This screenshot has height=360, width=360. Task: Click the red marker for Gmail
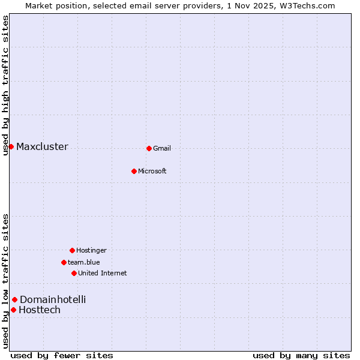point(149,148)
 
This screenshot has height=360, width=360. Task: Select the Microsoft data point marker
point(134,171)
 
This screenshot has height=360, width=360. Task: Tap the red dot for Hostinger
point(72,250)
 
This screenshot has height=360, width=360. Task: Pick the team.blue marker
point(64,262)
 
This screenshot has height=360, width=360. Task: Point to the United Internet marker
point(74,273)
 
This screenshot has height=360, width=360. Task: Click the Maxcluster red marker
point(11,146)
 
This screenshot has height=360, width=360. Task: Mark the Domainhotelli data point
point(14,299)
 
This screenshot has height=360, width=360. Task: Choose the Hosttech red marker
point(13,310)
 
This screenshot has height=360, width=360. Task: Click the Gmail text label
point(162,149)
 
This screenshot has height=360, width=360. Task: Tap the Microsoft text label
point(152,172)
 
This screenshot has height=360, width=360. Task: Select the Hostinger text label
point(91,251)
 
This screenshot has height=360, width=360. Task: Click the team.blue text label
point(84,263)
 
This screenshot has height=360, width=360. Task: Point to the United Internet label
point(103,274)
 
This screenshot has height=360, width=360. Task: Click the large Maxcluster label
point(42,147)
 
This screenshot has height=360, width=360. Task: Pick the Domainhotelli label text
point(53,300)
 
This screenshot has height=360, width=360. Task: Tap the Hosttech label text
point(40,310)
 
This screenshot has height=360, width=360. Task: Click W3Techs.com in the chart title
point(310,5)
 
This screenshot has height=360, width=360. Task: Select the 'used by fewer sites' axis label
point(62,355)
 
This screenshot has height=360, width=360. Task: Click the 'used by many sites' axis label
point(301,355)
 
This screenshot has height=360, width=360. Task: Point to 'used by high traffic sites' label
point(5,85)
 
